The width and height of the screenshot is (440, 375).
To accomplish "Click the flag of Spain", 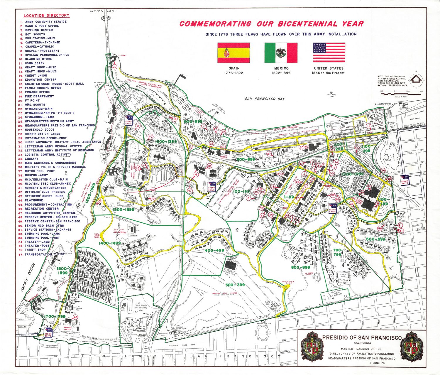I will tap(233, 53).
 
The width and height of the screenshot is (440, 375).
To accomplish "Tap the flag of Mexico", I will tap(281, 53).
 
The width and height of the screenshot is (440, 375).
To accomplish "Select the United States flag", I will tap(329, 53).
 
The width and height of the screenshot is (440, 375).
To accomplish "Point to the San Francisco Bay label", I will tap(265, 99).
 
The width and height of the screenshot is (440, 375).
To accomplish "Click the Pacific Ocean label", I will tap(28, 277).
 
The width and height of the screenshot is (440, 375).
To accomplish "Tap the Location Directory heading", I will tap(46, 16).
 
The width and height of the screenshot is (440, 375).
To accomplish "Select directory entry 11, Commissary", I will tap(35, 63).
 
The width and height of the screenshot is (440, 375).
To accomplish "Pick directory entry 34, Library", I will tap(31, 159).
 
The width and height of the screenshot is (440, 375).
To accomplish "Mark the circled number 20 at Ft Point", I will tap(115, 67).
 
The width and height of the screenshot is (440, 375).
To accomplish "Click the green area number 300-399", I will tap(235, 285).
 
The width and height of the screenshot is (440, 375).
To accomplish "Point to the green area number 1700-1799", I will tap(55, 317).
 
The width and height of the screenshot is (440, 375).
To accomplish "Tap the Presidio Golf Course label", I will tap(225, 293).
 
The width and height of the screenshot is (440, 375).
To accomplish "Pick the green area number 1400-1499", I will tap(110, 243).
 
